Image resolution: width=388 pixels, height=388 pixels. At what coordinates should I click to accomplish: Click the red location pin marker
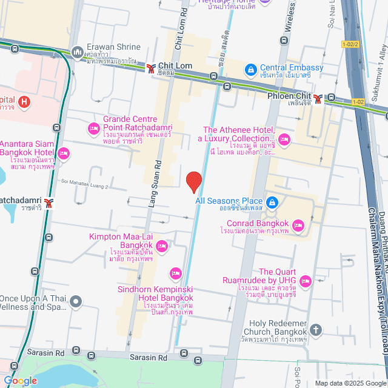click(x=193, y=181)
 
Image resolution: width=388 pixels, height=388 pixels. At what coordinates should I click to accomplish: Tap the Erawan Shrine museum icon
click(x=77, y=53)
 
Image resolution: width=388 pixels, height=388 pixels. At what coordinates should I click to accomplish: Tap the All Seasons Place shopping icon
click(x=272, y=201)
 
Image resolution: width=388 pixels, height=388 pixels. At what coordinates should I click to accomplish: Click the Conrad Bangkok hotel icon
click(x=298, y=226)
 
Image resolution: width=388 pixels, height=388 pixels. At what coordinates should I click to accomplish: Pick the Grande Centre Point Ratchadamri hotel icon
click(x=94, y=128)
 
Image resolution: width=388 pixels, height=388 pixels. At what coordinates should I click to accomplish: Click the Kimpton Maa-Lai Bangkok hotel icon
click(x=161, y=246)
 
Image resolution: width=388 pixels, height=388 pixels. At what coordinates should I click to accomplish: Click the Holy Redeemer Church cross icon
click(x=315, y=330)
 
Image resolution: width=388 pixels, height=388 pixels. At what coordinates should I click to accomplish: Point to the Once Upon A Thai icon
click(x=75, y=301)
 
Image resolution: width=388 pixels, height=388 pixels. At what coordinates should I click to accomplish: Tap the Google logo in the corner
click(x=19, y=380)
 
